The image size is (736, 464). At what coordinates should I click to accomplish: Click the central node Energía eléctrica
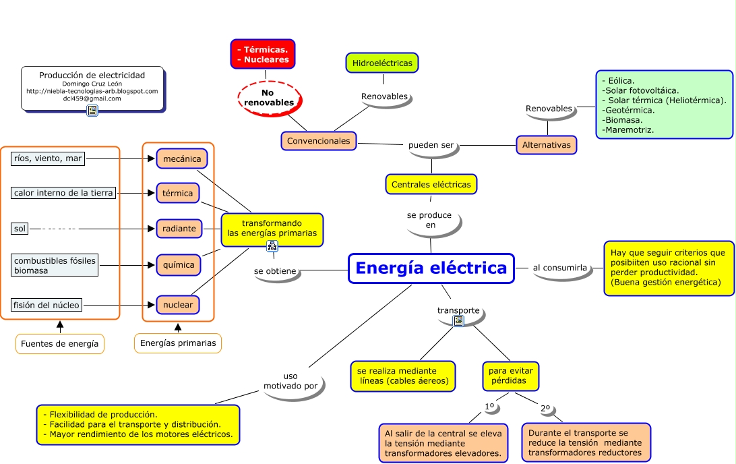(431, 268)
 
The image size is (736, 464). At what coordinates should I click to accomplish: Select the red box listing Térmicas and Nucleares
(263, 55)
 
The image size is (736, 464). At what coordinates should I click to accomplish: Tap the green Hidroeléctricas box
(382, 63)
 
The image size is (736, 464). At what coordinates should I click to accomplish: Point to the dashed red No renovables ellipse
(269, 97)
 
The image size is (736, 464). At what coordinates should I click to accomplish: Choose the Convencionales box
(319, 141)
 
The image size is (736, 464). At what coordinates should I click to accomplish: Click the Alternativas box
(547, 145)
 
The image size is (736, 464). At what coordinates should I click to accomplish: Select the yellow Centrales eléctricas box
(431, 184)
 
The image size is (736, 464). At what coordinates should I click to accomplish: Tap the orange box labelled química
(179, 265)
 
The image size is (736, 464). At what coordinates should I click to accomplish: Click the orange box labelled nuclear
(178, 305)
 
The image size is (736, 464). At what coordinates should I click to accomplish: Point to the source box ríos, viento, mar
(48, 159)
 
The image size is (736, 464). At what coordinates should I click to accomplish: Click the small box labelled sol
(20, 229)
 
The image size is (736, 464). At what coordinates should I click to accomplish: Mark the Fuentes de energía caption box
(60, 344)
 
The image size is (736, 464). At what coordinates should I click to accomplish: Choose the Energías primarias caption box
(178, 343)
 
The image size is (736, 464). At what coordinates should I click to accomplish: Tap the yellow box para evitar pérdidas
(511, 376)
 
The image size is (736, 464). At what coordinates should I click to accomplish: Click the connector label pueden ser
(431, 145)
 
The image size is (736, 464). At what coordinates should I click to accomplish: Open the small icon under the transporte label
(458, 321)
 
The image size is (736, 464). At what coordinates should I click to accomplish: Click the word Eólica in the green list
(621, 80)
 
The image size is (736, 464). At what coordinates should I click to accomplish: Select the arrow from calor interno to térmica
(135, 194)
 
